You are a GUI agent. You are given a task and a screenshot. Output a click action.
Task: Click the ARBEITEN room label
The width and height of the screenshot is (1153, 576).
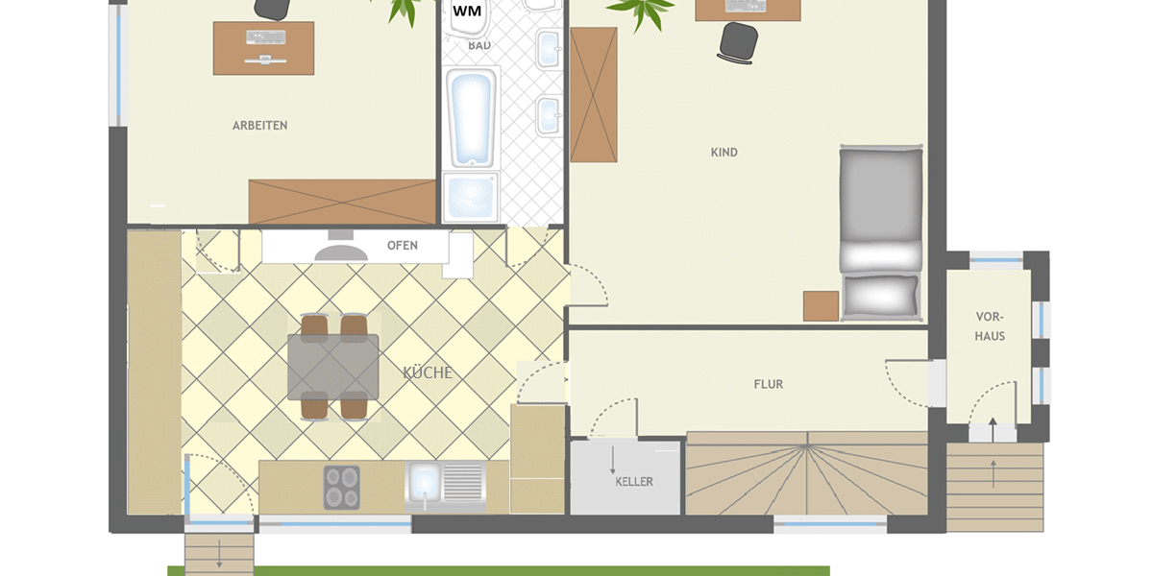coord(260,126)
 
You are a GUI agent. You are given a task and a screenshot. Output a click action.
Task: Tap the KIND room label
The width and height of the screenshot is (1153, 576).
coord(724,153)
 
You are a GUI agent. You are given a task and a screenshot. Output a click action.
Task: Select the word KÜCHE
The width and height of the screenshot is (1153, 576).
coord(428,372)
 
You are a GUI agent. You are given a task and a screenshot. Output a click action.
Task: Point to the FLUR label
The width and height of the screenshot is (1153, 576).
coord(769,384)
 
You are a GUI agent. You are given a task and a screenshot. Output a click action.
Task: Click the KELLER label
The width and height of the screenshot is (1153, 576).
coord(634,482)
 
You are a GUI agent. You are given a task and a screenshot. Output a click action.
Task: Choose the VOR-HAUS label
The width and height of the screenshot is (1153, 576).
coord(990,326)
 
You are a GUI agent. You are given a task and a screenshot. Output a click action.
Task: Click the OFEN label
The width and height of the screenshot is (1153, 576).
coord(403,246)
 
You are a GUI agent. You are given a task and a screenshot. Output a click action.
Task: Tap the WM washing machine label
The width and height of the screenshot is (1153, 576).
coord(467,11)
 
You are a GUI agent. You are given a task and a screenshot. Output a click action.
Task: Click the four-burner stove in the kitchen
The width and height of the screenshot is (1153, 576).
coord(342,488)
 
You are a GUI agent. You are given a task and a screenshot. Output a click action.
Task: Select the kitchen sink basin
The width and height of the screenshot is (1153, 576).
coord(425,484)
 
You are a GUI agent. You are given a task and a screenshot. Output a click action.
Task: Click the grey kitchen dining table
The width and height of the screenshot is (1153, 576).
coord(333,367)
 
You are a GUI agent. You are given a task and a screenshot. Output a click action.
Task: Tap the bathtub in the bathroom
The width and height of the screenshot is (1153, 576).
coord(471,118)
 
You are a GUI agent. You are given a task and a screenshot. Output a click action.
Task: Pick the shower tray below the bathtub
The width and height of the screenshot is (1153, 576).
coord(471,198)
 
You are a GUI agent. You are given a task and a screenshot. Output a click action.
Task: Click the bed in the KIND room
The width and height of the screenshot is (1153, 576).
coord(881,233)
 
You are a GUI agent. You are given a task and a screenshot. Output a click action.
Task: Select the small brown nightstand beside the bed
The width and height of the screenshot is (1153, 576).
coord(821,306)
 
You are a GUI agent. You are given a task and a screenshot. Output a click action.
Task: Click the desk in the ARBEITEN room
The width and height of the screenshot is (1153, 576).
coord(263,48)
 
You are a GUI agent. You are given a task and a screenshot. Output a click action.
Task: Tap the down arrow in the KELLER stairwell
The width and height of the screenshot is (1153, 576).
coord(613,460)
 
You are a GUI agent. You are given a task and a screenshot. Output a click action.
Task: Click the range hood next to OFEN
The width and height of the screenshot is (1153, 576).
coord(341,248)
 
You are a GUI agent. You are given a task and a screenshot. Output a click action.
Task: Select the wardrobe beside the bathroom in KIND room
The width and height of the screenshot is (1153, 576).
coord(594,95)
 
